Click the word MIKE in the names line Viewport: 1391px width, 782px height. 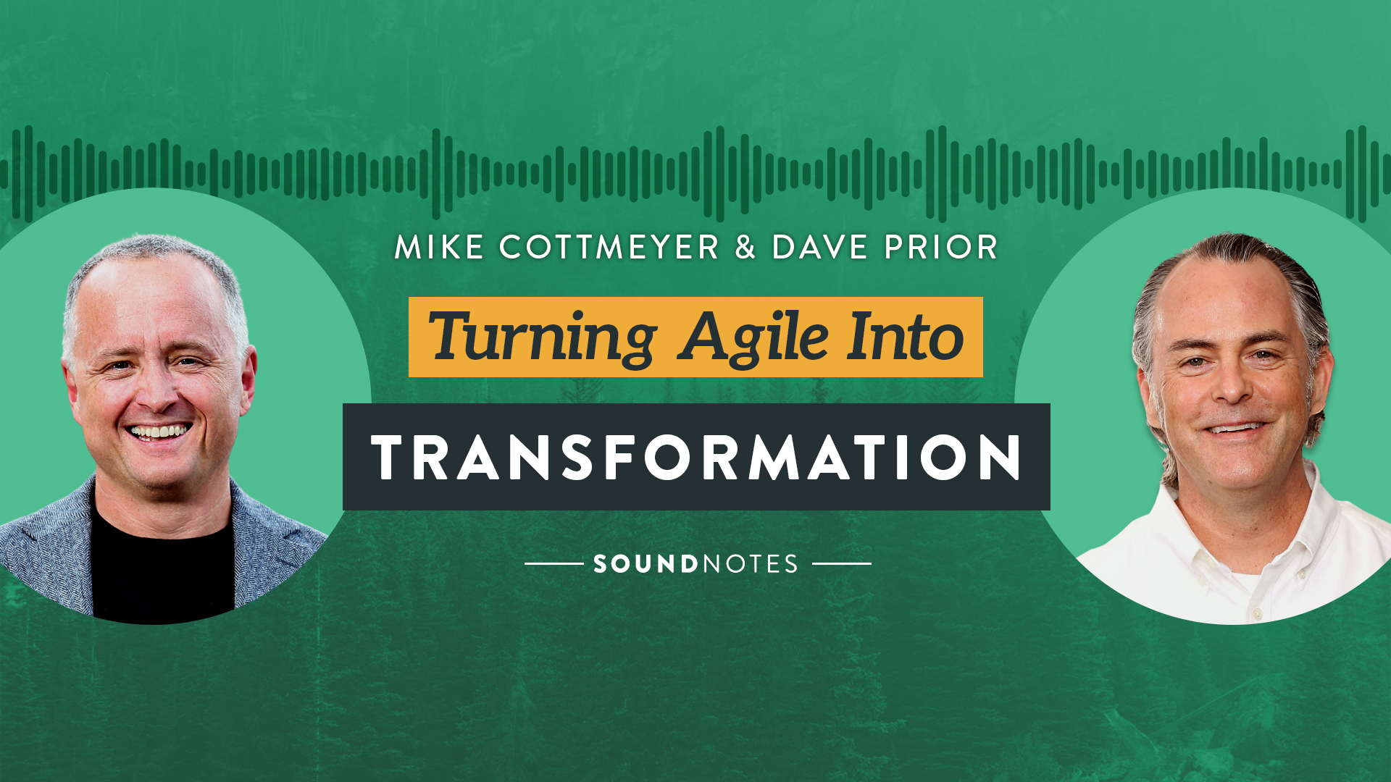[439, 248]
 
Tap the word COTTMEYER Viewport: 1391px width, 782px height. [609, 248]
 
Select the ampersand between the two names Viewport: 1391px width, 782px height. [745, 248]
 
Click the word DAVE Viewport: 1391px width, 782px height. [819, 248]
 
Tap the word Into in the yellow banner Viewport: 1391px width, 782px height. [906, 337]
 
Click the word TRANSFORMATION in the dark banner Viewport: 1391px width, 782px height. [696, 458]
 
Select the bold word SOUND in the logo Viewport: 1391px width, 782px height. [646, 564]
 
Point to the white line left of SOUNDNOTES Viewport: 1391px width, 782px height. [554, 563]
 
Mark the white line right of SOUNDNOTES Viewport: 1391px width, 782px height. [842, 563]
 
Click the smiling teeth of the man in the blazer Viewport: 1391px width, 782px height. [159, 432]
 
